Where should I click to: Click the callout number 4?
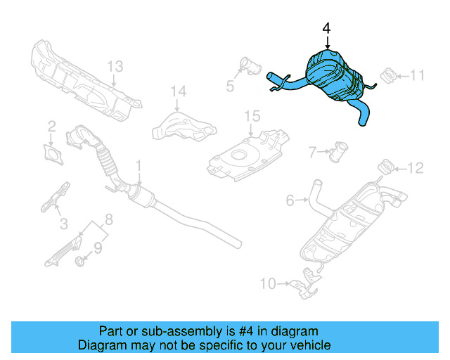(326, 28)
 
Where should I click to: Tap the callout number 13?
(115, 66)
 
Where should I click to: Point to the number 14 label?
(179, 91)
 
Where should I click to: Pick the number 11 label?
(418, 75)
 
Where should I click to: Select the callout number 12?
(416, 167)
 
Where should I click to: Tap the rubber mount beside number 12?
(386, 167)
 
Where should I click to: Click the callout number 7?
(313, 150)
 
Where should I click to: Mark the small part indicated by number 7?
(341, 150)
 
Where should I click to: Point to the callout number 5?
(229, 86)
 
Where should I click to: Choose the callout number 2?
(51, 127)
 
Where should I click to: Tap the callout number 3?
(63, 224)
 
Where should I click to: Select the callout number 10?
(268, 283)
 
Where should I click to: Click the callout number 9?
(98, 247)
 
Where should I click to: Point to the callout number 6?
(290, 201)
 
